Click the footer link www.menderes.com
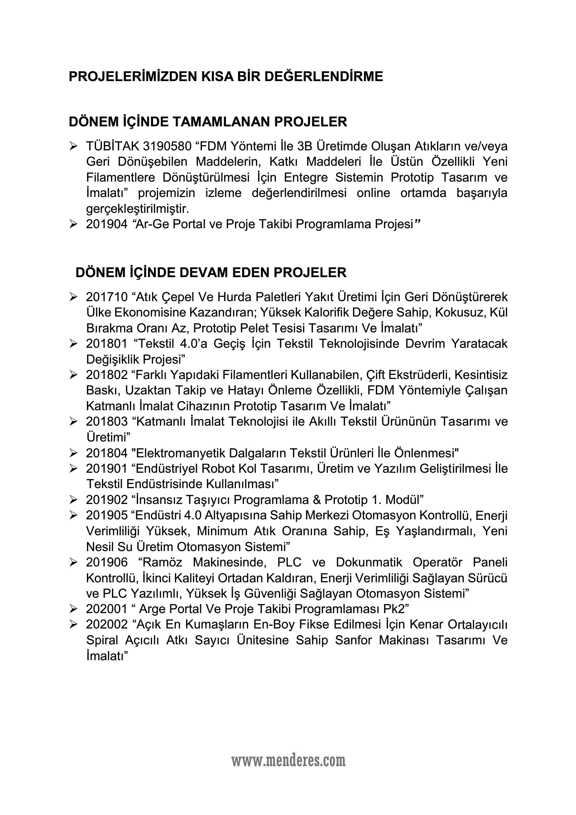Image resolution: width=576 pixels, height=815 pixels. (288, 760)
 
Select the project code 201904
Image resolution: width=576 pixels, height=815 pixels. (107, 224)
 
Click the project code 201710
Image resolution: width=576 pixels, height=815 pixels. (107, 297)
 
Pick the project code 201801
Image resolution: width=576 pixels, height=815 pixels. (107, 344)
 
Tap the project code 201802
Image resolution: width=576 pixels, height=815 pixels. (107, 375)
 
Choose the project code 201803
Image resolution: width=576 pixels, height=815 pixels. (107, 422)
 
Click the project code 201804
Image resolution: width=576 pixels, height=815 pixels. (107, 453)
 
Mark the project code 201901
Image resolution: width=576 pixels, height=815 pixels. (107, 468)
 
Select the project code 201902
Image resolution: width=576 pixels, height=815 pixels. (107, 499)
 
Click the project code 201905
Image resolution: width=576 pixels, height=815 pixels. (107, 515)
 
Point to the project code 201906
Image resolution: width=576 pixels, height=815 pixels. (107, 562)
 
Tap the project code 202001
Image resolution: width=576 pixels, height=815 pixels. (107, 609)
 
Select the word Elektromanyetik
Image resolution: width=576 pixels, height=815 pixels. (175, 453)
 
